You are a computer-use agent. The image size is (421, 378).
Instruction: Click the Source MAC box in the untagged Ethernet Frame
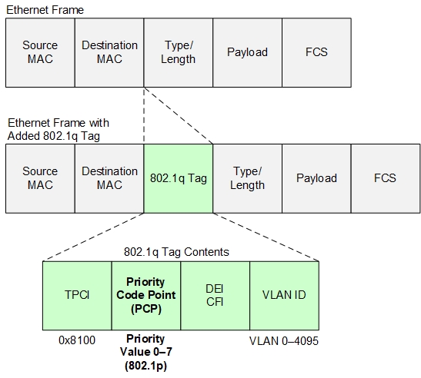(40, 52)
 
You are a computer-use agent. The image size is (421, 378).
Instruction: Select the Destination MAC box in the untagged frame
(109, 52)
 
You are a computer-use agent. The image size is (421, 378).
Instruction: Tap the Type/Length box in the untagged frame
(179, 52)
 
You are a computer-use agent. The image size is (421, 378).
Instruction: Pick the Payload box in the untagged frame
(247, 52)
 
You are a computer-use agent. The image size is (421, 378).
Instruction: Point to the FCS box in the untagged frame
(316, 52)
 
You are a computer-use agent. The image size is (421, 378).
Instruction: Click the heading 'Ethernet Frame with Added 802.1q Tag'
(58, 129)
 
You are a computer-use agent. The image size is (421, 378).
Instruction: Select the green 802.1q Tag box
(179, 178)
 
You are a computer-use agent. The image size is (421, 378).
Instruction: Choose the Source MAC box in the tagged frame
(40, 178)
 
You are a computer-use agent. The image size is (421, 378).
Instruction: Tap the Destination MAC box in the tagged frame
(109, 178)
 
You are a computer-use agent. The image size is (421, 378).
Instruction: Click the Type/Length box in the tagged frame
(247, 178)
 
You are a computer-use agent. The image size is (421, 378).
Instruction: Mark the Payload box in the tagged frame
(316, 178)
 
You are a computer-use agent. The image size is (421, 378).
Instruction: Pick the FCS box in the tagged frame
(385, 178)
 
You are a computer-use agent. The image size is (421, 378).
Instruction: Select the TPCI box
(77, 294)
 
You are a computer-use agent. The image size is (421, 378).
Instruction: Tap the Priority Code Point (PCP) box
(145, 294)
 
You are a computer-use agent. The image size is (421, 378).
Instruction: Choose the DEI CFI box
(215, 294)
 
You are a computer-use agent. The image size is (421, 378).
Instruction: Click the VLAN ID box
(283, 294)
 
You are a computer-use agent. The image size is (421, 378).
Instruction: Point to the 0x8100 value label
(77, 340)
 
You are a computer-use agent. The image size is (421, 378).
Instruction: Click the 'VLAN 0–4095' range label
(283, 340)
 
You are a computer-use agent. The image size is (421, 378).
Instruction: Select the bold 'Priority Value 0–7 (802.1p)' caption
(145, 352)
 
